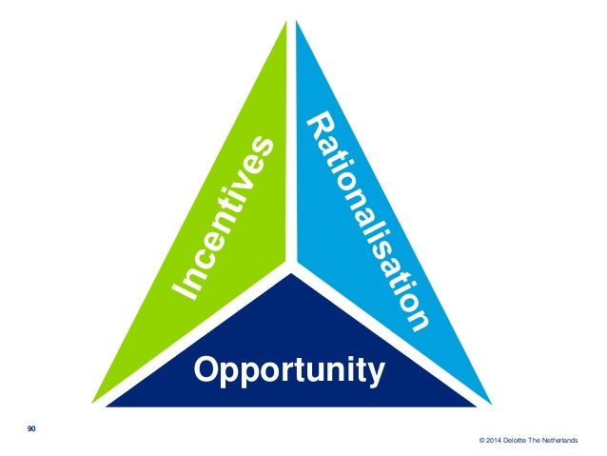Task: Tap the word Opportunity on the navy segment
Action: point(289,368)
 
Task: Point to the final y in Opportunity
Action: point(377,371)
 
